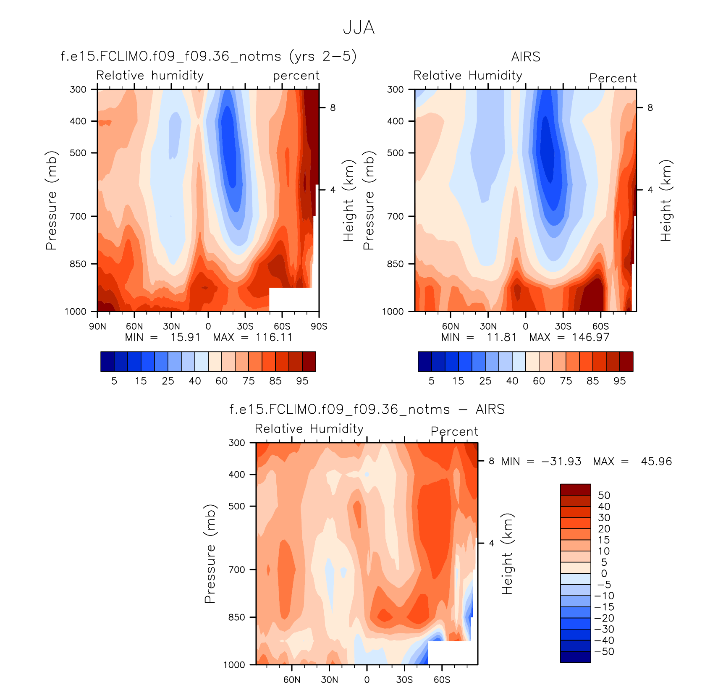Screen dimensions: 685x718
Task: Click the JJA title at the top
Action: (x=359, y=28)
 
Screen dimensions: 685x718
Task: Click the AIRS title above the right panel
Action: (x=526, y=57)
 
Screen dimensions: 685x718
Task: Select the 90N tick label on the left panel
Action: (x=97, y=326)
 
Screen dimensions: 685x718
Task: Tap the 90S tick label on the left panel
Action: (x=319, y=326)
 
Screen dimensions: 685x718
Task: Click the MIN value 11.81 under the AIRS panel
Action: (x=502, y=337)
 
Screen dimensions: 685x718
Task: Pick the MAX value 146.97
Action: (x=590, y=337)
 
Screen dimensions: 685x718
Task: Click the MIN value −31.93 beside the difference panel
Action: (x=561, y=462)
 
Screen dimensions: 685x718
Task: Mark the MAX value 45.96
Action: (x=656, y=462)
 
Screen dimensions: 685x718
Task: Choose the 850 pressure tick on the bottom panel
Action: (x=236, y=617)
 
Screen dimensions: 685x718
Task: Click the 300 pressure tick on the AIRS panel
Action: (x=395, y=89)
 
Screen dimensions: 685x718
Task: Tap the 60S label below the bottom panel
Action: (x=442, y=680)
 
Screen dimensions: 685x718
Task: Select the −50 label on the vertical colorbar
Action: (x=604, y=651)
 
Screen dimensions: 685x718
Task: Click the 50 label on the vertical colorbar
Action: (x=604, y=495)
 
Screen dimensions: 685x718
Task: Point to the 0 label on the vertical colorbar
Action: (x=604, y=573)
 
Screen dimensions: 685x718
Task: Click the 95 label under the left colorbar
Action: (x=302, y=381)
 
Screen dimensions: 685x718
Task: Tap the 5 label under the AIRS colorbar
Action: (x=431, y=381)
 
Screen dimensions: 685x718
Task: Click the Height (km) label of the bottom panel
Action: (x=507, y=554)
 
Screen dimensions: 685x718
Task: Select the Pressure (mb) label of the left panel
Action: (x=51, y=200)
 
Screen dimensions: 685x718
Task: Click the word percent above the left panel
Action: (x=296, y=76)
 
